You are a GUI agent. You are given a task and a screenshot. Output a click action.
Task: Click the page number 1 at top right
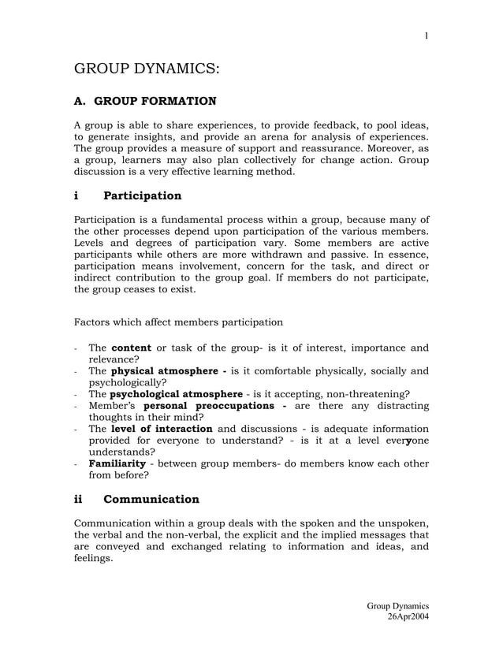pyautogui.click(x=427, y=35)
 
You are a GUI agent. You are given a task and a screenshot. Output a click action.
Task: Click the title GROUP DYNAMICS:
pyautogui.click(x=146, y=69)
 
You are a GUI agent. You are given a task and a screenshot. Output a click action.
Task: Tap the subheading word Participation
pyautogui.click(x=143, y=195)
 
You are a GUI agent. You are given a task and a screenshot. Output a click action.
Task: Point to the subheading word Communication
pyautogui.click(x=151, y=499)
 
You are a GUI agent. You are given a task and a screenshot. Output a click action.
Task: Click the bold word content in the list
pyautogui.click(x=131, y=347)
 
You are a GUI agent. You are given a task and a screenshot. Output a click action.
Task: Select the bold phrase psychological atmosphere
pyautogui.click(x=176, y=394)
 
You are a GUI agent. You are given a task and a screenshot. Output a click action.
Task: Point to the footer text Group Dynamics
pyautogui.click(x=398, y=605)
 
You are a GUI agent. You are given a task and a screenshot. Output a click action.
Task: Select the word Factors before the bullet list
pyautogui.click(x=95, y=322)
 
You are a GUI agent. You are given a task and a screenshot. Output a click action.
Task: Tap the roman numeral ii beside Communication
pyautogui.click(x=80, y=499)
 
